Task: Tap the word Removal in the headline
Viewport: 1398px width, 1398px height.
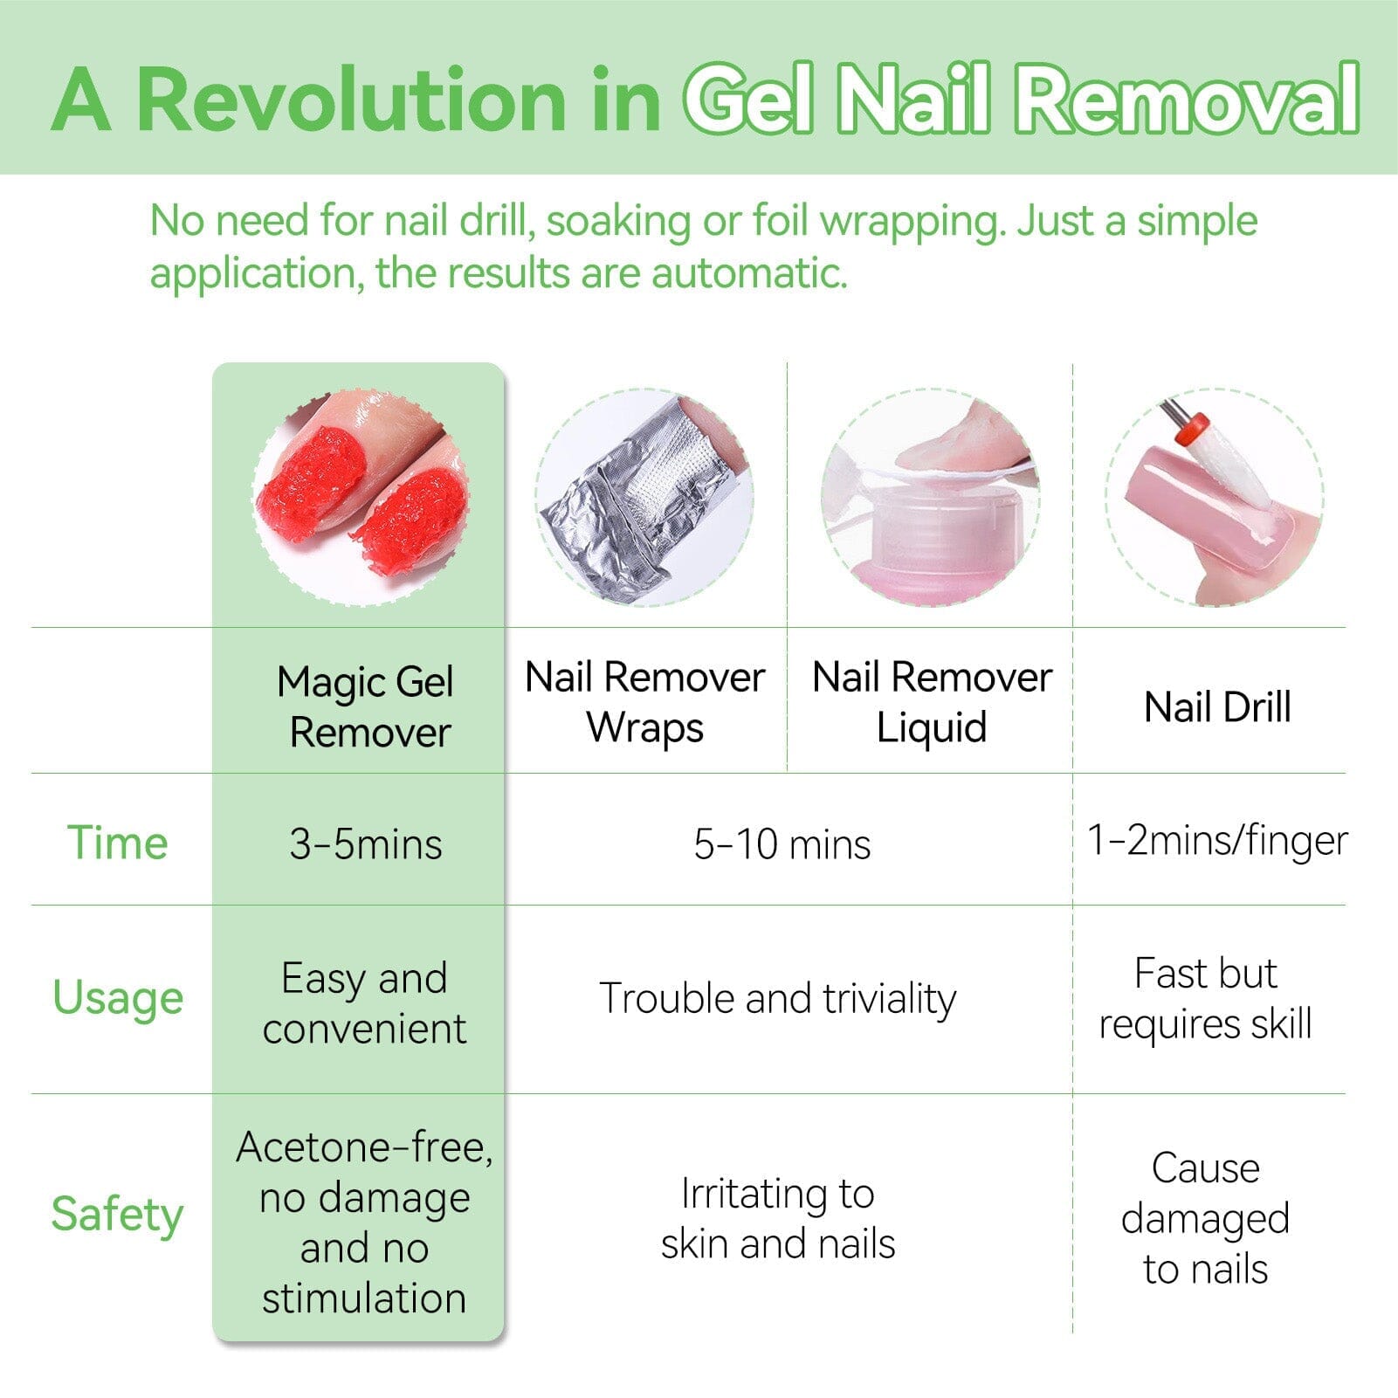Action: pyautogui.click(x=1188, y=100)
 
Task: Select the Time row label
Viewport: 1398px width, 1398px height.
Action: pyautogui.click(x=118, y=843)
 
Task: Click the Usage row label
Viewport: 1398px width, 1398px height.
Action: pyautogui.click(x=118, y=997)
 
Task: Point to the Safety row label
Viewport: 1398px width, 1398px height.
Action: pyautogui.click(x=118, y=1214)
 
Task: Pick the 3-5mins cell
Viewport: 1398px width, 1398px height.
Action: pyautogui.click(x=365, y=844)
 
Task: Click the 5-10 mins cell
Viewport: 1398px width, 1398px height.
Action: pyautogui.click(x=782, y=844)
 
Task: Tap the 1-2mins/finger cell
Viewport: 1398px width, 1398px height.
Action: pyautogui.click(x=1216, y=841)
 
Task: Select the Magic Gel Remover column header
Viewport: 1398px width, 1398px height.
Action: pyautogui.click(x=365, y=706)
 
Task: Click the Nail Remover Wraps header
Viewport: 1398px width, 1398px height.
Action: pyautogui.click(x=644, y=702)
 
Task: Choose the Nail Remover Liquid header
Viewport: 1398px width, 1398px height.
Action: pyautogui.click(x=932, y=702)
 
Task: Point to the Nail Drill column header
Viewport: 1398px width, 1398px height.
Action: pyautogui.click(x=1216, y=707)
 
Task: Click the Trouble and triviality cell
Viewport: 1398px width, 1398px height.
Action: pyautogui.click(x=777, y=998)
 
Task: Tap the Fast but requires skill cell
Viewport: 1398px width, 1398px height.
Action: pyautogui.click(x=1205, y=998)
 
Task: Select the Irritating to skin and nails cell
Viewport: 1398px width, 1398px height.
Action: pyautogui.click(x=777, y=1218)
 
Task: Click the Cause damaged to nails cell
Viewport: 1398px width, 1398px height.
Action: pyautogui.click(x=1205, y=1218)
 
